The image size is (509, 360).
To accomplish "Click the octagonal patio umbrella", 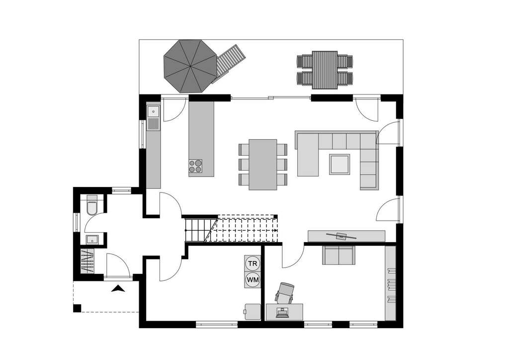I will click(x=190, y=66).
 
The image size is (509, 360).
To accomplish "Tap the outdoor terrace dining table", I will click(x=325, y=70).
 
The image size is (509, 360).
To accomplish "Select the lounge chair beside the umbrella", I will click(x=229, y=63).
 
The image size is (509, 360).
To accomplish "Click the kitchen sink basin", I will click(x=153, y=110).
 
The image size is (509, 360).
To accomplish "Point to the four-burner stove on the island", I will click(x=196, y=166).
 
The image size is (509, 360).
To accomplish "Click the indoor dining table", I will click(x=263, y=164).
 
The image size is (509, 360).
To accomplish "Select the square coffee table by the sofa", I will click(x=339, y=164).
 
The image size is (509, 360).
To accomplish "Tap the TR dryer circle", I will click(x=253, y=263).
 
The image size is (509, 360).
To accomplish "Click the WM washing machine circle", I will click(x=253, y=280).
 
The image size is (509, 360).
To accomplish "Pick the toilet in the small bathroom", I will click(x=92, y=206).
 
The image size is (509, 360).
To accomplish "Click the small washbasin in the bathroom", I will click(x=91, y=240).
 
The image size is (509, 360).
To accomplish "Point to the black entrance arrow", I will click(x=118, y=288).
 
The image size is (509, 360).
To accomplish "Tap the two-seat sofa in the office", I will click(x=339, y=255).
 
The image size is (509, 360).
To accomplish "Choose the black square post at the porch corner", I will click(x=77, y=308).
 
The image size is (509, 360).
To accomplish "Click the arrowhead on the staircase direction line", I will click(x=275, y=231).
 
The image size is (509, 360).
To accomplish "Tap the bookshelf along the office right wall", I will click(x=391, y=283).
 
